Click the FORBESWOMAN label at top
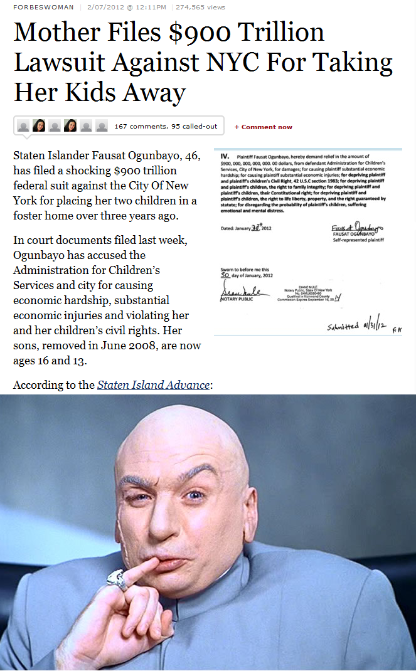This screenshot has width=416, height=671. [x=43, y=7]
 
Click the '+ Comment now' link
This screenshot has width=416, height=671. [x=264, y=127]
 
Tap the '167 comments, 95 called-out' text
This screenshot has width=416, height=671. [x=166, y=126]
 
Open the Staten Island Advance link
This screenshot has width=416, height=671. [x=153, y=384]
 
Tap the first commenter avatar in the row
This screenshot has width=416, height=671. [x=23, y=125]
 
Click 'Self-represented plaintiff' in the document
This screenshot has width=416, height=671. [x=358, y=240]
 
